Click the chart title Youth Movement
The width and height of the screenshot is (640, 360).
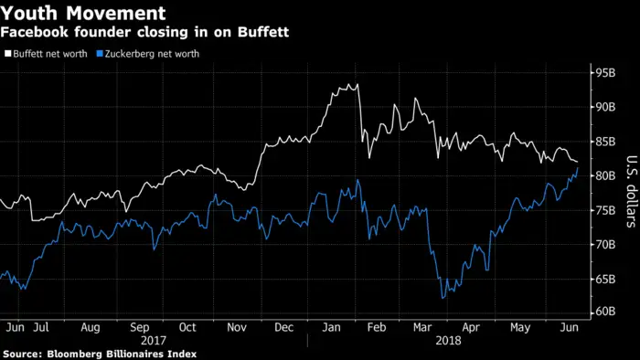[83, 14]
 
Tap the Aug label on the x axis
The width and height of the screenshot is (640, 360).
[91, 326]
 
